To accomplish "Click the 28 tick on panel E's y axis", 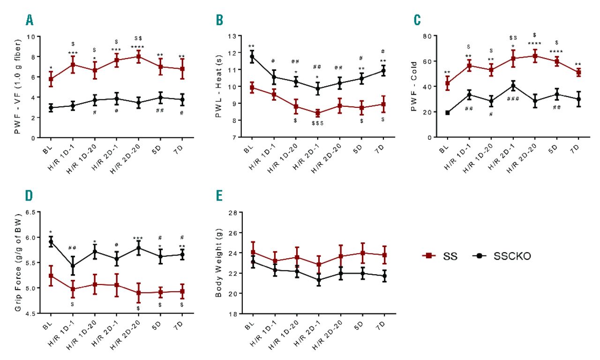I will coord(231,212).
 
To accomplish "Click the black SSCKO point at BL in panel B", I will coord(252,57).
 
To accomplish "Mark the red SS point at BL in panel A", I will coord(51,79).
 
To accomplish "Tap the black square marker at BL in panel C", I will coord(448,113).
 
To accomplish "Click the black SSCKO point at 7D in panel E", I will coord(384,276).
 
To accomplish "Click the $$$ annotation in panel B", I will coord(318,123).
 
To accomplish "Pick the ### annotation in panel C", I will coord(513,99).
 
